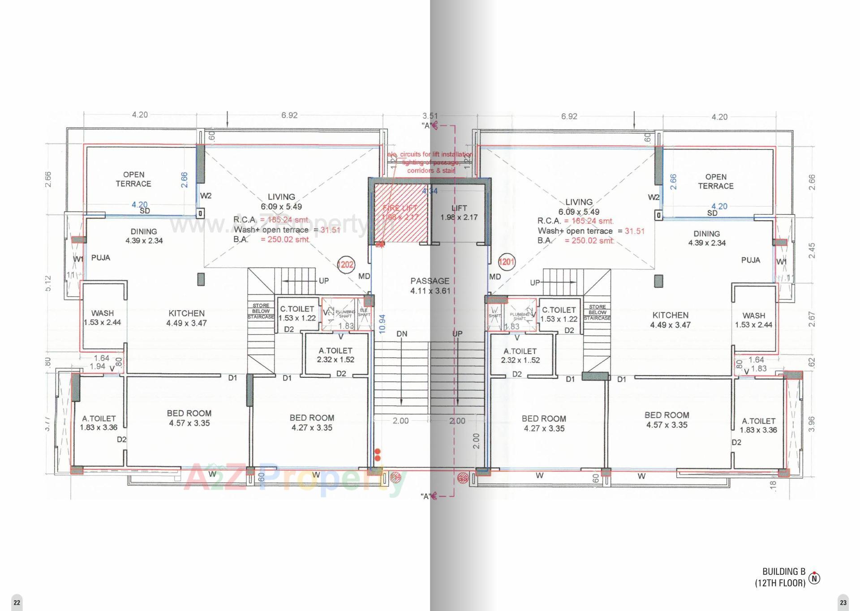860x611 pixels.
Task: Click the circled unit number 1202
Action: pyautogui.click(x=345, y=265)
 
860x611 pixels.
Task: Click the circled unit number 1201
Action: pyautogui.click(x=507, y=261)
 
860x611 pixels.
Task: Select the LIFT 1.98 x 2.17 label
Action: pyautogui.click(x=459, y=213)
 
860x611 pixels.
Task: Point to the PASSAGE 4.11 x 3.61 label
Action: pyautogui.click(x=430, y=286)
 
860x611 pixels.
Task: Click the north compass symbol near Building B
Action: pyautogui.click(x=814, y=578)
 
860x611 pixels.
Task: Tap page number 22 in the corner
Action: pyautogui.click(x=17, y=602)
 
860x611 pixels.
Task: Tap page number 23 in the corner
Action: pyautogui.click(x=843, y=602)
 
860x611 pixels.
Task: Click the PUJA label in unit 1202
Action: pyautogui.click(x=100, y=258)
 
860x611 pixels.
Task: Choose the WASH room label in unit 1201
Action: pyautogui.click(x=753, y=320)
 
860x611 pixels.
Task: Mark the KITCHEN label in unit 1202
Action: pyautogui.click(x=186, y=318)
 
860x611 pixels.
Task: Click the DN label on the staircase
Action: pyautogui.click(x=402, y=334)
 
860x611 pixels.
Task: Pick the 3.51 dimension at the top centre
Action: pyautogui.click(x=430, y=116)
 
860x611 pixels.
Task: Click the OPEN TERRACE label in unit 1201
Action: pyautogui.click(x=715, y=181)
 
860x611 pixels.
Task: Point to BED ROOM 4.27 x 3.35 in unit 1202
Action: pyautogui.click(x=312, y=423)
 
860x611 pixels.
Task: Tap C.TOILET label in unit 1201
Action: pyautogui.click(x=559, y=314)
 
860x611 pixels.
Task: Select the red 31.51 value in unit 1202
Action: pyautogui.click(x=330, y=230)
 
